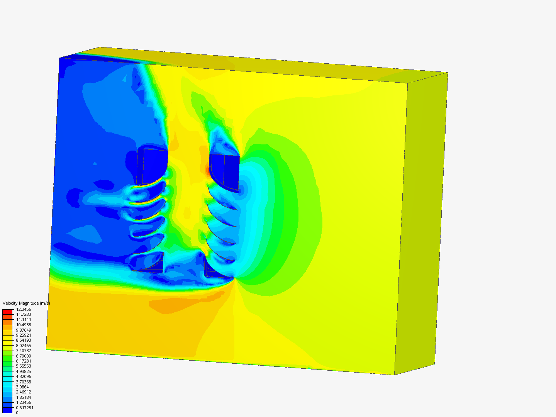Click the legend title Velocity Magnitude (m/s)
click(x=26, y=303)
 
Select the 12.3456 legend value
click(x=24, y=309)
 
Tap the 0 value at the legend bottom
click(x=17, y=413)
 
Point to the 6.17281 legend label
click(x=24, y=361)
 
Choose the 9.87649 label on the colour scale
click(x=24, y=330)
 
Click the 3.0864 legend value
click(x=22, y=387)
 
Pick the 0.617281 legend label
click(x=25, y=408)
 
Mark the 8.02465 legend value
click(x=24, y=345)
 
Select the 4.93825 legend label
click(x=24, y=371)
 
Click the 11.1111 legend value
click(x=24, y=320)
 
